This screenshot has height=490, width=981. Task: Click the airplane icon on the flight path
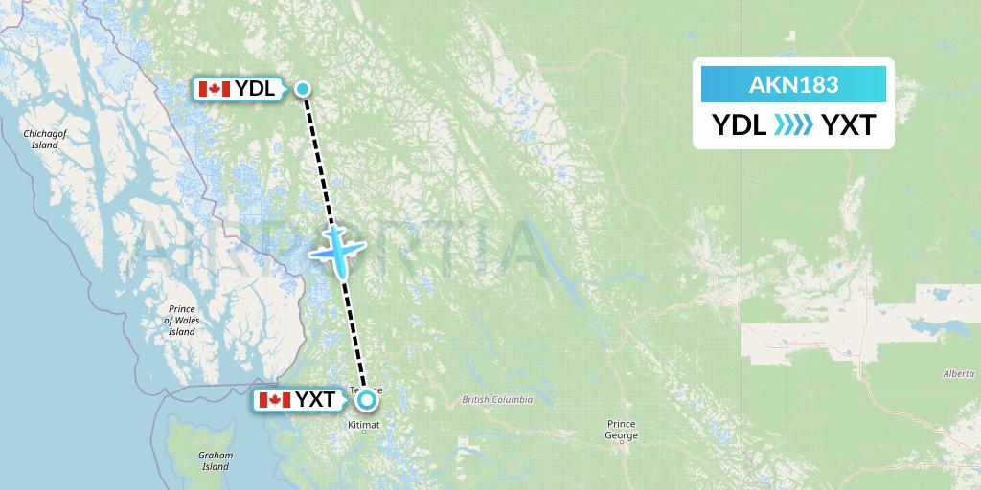pyautogui.click(x=334, y=252)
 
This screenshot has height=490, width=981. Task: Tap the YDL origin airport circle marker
pyautogui.click(x=303, y=90)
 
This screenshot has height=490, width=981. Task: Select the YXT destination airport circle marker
pyautogui.click(x=367, y=401)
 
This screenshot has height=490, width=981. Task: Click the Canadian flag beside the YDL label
pyautogui.click(x=213, y=90)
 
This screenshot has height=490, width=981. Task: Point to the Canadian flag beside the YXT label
pyautogui.click(x=275, y=400)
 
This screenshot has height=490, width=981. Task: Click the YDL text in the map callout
pyautogui.click(x=256, y=90)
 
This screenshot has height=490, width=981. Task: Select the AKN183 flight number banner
pyautogui.click(x=793, y=84)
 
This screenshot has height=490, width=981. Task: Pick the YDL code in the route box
pyautogui.click(x=739, y=125)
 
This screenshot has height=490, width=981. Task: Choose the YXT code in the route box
pyautogui.click(x=848, y=125)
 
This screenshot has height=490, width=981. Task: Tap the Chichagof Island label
pyautogui.click(x=44, y=140)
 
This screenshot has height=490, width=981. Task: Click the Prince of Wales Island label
pyautogui.click(x=181, y=320)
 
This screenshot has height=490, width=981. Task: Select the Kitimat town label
pyautogui.click(x=365, y=424)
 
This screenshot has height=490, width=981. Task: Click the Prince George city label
pyautogui.click(x=622, y=430)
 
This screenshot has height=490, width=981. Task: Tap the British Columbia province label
pyautogui.click(x=496, y=400)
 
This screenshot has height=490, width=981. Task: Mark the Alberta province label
pyautogui.click(x=958, y=373)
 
